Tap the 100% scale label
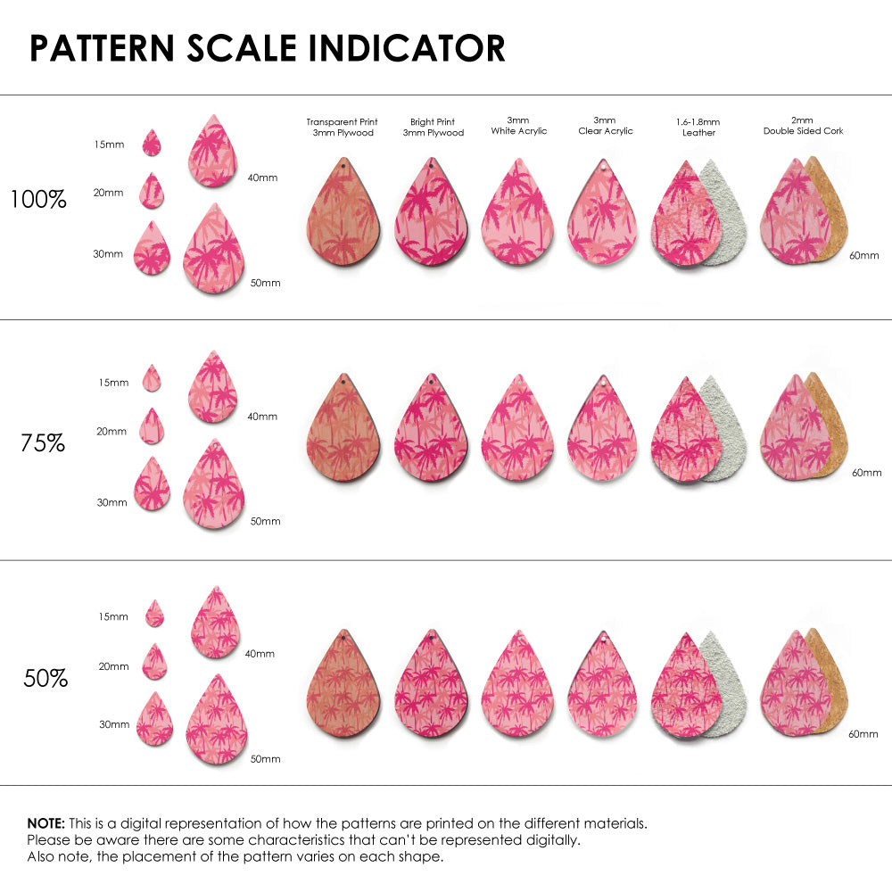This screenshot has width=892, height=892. [x=38, y=200]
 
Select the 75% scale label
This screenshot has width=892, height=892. [x=42, y=442]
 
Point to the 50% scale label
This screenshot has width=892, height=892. [x=45, y=679]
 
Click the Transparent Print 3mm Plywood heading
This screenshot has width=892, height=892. [x=343, y=127]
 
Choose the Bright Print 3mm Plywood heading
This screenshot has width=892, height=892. [x=433, y=127]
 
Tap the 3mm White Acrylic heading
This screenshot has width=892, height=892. [x=518, y=126]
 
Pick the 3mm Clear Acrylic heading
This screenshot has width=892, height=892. [x=605, y=126]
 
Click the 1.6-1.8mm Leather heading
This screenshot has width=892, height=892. [x=698, y=127]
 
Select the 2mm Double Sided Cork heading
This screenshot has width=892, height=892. [x=803, y=126]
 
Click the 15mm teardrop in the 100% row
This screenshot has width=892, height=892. [x=152, y=143]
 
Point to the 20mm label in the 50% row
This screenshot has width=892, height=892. [x=113, y=666]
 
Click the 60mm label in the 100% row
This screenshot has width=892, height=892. [x=863, y=256]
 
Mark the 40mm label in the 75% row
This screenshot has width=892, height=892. [x=261, y=417]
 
